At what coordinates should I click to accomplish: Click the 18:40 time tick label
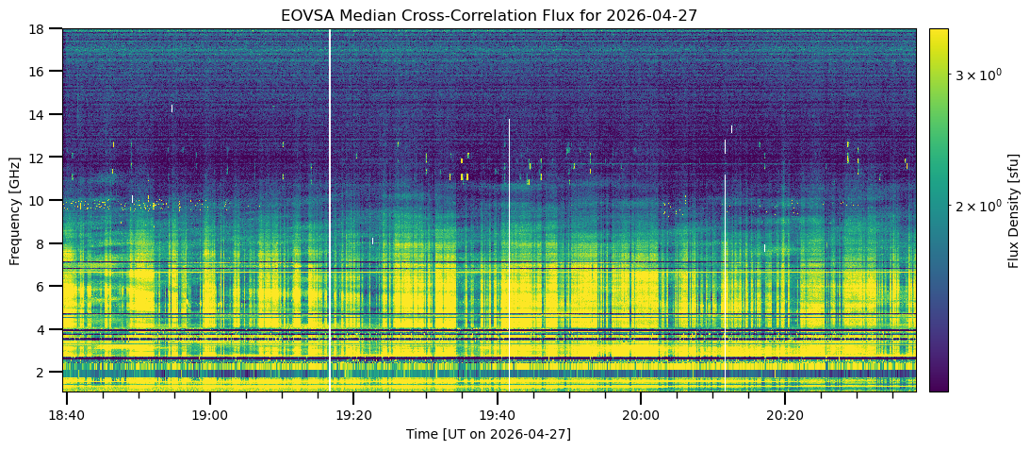coord(66,416)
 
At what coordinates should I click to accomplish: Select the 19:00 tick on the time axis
coord(210,416)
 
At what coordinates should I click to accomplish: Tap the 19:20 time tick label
coord(353,416)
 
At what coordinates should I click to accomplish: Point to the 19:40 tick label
coord(498,416)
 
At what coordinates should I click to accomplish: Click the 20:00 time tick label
coord(641,416)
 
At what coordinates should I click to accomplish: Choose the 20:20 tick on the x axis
coord(785,416)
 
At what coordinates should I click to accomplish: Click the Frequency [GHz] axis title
coord(15,210)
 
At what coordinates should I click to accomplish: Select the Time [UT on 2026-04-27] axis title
coord(489,434)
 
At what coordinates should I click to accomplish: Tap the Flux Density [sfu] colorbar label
coord(1015,210)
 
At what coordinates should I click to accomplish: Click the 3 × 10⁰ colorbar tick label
coord(977,75)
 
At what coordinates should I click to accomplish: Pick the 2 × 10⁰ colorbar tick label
coord(977,206)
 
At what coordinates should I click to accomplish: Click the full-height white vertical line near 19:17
coord(330,210)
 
